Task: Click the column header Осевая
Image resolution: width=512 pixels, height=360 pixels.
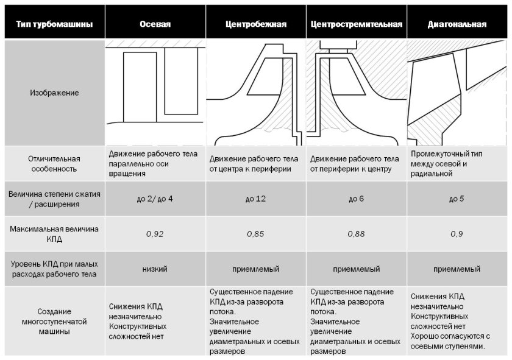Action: coord(155,25)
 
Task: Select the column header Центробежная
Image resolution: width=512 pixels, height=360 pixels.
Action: coord(256,25)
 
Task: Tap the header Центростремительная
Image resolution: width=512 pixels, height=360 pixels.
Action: coord(357,25)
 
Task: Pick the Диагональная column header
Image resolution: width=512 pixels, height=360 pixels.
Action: coord(457,25)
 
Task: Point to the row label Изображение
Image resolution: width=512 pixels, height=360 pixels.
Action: coord(55,93)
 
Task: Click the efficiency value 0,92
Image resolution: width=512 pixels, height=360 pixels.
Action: coord(155,234)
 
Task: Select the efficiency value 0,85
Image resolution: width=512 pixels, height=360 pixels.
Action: coord(255,234)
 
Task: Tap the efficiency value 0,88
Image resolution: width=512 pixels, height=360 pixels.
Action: coord(357,234)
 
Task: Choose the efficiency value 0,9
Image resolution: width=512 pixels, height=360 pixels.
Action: coord(457,234)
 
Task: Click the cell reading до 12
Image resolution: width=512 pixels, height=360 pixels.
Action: coord(255,199)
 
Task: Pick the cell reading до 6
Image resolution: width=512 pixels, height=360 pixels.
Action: coord(357,199)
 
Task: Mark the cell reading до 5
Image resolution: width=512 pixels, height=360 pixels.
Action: coord(457,199)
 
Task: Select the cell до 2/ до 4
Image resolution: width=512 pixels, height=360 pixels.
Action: coord(155,199)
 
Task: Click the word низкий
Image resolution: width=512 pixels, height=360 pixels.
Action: coord(155,269)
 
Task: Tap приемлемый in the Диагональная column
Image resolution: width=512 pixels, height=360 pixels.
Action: coord(457,269)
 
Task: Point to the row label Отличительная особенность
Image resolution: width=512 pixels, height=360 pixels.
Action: coord(55,163)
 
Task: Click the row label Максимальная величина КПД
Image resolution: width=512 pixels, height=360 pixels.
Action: coord(55,234)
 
